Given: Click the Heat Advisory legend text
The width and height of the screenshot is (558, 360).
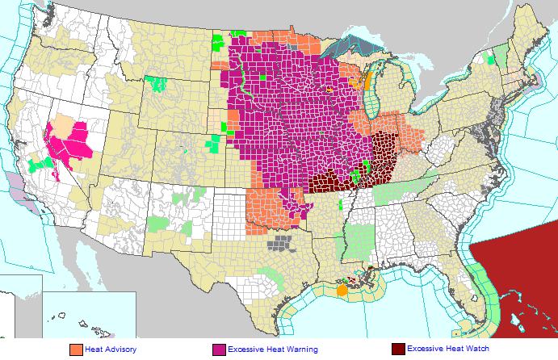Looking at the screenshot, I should point(111,349).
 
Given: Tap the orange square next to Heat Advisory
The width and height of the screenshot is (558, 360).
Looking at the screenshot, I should point(76,350).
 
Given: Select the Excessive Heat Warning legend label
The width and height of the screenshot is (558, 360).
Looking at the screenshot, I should point(273,349).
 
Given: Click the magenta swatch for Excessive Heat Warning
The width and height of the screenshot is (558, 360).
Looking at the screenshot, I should point(219,350).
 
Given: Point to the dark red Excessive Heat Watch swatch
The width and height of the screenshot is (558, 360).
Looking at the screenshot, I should point(397,350).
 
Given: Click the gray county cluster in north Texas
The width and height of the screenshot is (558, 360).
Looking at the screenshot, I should point(281,243).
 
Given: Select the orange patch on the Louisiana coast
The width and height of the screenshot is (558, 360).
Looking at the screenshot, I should point(342,289).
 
